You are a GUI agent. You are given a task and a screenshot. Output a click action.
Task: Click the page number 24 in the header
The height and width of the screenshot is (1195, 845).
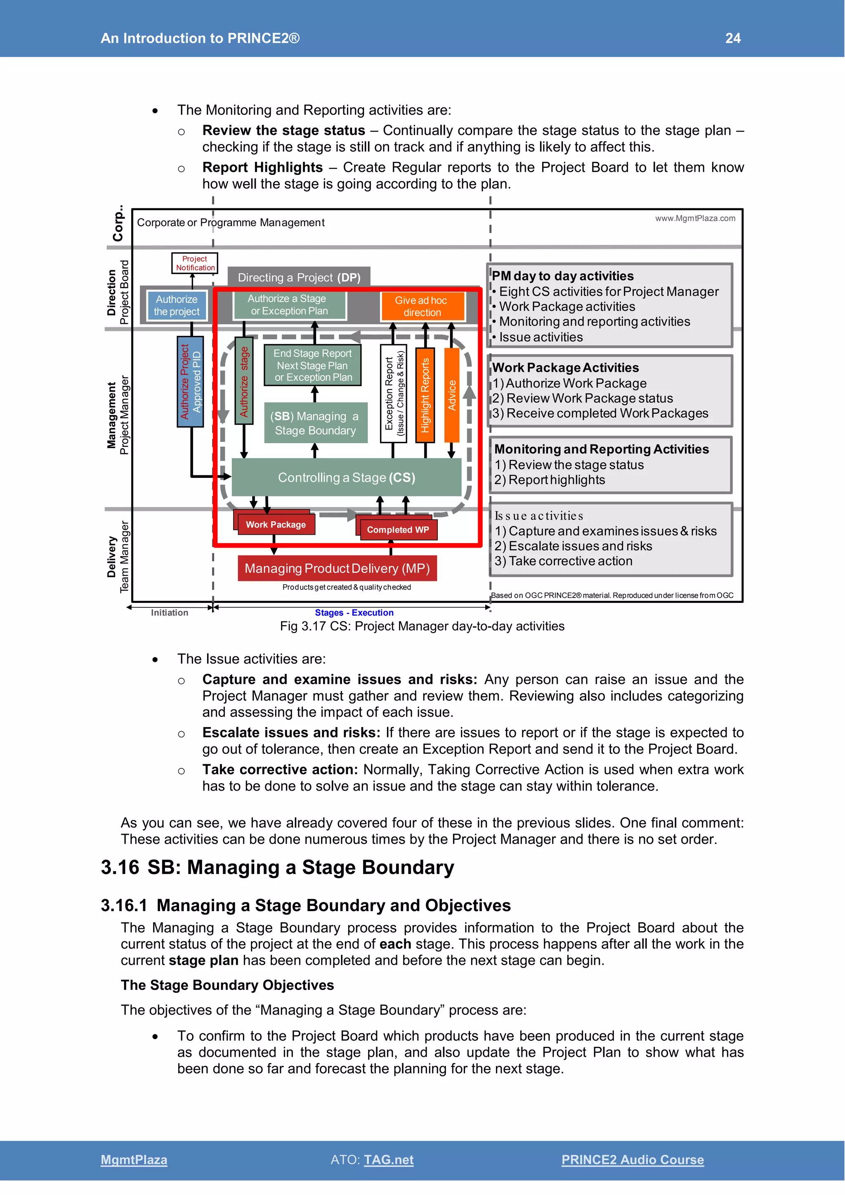click(x=733, y=38)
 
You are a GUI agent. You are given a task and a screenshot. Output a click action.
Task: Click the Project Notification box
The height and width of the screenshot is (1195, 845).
click(x=195, y=263)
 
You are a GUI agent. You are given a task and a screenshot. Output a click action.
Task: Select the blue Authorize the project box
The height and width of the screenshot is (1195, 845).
click(x=177, y=305)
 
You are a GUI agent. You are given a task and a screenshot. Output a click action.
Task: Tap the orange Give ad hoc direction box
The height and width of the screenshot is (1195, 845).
click(x=422, y=306)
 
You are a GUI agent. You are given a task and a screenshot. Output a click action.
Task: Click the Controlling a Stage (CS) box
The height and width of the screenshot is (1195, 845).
click(x=347, y=477)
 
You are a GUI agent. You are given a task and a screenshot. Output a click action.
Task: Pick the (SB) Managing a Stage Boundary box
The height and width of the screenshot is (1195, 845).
click(x=315, y=423)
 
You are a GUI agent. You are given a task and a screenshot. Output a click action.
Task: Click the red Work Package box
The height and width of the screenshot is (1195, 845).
click(x=276, y=524)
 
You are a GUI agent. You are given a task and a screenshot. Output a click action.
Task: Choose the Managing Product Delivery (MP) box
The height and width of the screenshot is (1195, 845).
click(x=337, y=568)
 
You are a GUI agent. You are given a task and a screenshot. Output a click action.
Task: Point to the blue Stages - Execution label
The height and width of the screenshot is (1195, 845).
click(x=354, y=613)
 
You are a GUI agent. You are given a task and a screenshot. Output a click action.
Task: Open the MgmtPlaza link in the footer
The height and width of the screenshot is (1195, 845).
click(x=134, y=1160)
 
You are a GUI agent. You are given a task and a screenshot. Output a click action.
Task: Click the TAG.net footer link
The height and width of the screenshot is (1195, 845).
click(x=389, y=1160)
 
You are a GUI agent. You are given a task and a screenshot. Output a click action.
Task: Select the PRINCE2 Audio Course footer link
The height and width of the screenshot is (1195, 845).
click(x=632, y=1160)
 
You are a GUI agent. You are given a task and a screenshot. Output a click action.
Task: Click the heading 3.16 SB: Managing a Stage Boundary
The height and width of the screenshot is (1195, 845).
click(x=277, y=868)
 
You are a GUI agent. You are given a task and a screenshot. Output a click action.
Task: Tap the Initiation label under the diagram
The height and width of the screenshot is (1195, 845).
click(x=170, y=613)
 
